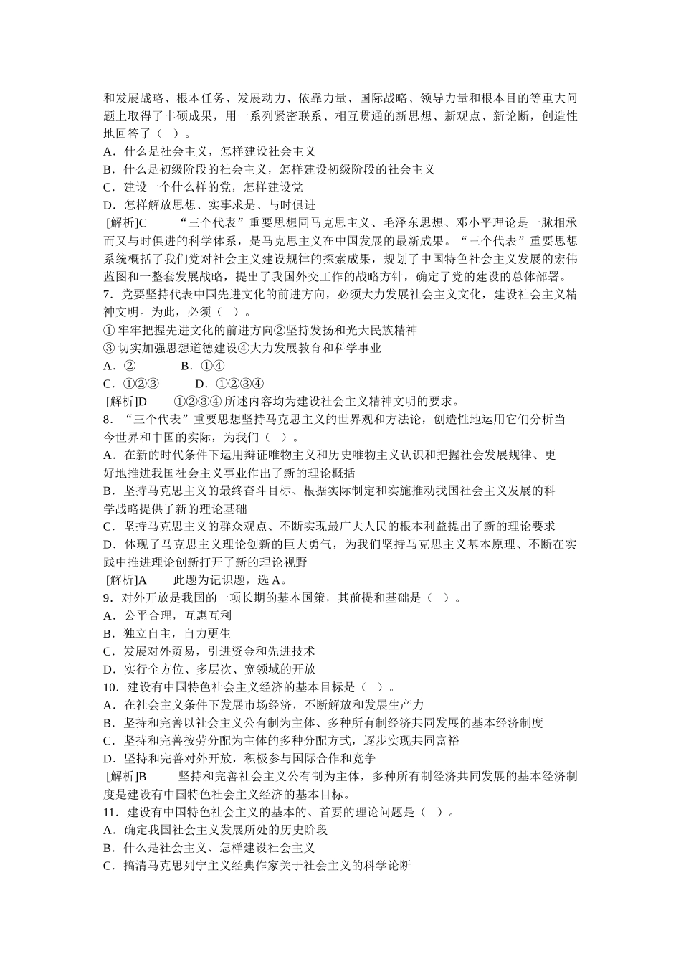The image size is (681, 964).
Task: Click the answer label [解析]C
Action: (126, 223)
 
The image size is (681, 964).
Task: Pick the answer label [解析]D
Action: (126, 402)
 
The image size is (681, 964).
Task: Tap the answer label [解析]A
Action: (126, 580)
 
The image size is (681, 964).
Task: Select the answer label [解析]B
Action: (126, 777)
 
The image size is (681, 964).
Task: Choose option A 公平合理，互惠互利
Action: (168, 615)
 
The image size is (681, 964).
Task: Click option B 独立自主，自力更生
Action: (168, 633)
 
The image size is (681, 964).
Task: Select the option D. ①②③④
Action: (229, 384)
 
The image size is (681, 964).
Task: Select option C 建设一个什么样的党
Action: (204, 187)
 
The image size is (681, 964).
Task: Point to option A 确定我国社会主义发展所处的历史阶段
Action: (215, 830)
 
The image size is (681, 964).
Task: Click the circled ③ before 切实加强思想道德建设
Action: (109, 348)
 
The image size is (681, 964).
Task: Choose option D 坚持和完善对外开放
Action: (239, 759)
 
